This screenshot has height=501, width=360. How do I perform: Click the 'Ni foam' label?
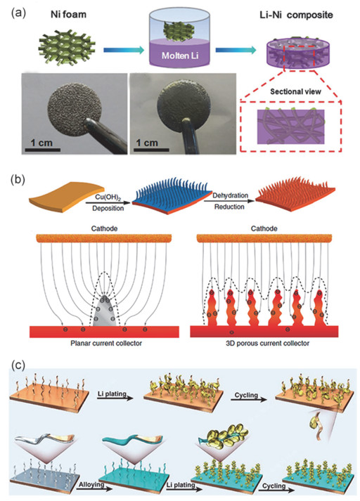pos(68,14)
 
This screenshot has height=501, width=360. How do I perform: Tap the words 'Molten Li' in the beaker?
pos(180,56)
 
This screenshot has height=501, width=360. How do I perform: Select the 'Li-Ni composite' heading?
pos(296,15)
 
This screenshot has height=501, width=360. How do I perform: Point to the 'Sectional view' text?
pos(295,92)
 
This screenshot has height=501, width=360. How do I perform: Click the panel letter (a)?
pos(18,14)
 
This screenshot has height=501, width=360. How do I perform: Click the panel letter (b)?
pos(18,180)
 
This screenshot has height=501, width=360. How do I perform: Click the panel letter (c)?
pos(18,365)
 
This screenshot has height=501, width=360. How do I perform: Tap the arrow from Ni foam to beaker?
pos(124,50)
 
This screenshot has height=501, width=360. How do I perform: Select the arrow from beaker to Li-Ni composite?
pos(236,50)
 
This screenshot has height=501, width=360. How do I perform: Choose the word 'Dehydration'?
pos(230,195)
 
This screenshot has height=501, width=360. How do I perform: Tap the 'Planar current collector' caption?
pos(106,344)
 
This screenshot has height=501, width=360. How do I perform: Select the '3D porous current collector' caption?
pos(267,344)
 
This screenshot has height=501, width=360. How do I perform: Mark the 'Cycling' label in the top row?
pos(246,395)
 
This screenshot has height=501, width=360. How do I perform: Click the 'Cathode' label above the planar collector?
pos(104,228)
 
